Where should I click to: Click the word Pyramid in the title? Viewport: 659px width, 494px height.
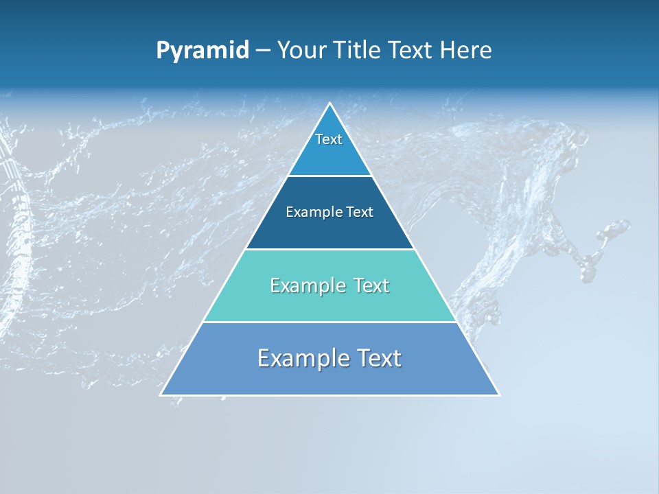(x=203, y=50)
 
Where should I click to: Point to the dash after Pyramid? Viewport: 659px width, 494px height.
(x=263, y=51)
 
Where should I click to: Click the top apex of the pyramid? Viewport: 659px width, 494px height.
(x=330, y=104)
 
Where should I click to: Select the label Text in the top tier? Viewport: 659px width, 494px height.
(x=329, y=139)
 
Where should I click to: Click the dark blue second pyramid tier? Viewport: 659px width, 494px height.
(x=329, y=230)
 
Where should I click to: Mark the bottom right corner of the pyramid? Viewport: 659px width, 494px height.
(x=498, y=394)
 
